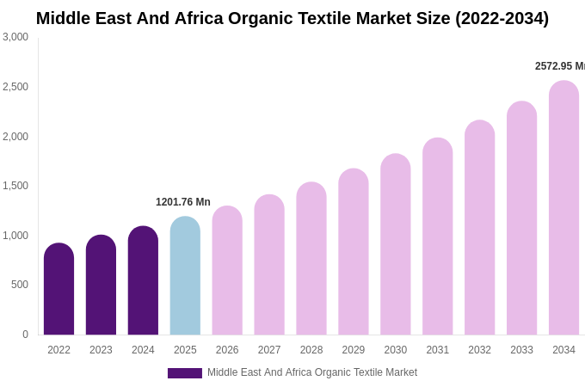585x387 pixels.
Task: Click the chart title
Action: tap(292, 18)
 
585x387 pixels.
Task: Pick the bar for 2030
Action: tap(396, 244)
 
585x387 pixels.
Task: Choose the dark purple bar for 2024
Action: tap(143, 280)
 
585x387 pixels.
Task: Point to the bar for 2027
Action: tap(269, 265)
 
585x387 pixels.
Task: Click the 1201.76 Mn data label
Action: tap(182, 202)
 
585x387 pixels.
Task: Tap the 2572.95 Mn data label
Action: tap(560, 66)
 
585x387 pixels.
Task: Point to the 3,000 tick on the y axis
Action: tap(15, 37)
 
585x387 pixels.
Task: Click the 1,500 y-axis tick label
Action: tap(15, 186)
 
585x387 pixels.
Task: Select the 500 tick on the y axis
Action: tap(19, 285)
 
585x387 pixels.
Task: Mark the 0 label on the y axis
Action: tap(25, 335)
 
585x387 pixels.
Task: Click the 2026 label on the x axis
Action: tap(227, 350)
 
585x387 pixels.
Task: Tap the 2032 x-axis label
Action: tap(479, 350)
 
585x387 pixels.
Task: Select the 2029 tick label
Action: tap(354, 350)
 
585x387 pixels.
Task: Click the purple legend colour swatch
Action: tap(185, 373)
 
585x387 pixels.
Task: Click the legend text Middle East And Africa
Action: tap(311, 372)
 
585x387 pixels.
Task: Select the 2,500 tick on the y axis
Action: tap(15, 87)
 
